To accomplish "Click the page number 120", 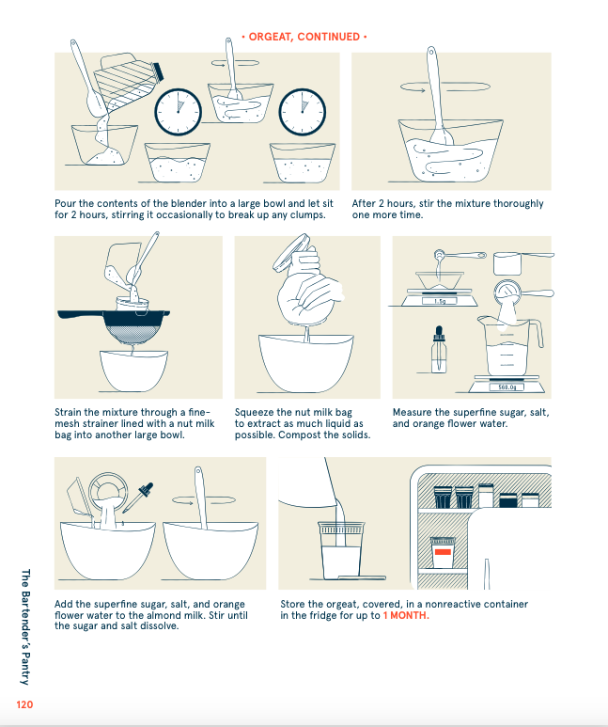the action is tap(24, 704).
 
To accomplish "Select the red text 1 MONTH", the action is tap(406, 615).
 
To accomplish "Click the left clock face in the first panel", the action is tap(178, 112).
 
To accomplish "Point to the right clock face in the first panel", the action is tap(303, 112).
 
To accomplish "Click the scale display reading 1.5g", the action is tap(439, 301).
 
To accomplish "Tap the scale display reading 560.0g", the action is tap(507, 387).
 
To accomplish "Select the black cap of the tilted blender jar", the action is tap(159, 71).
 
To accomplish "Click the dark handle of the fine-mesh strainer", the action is tap(81, 315).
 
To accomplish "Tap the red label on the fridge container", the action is tap(443, 552).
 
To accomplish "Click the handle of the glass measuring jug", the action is tap(536, 333).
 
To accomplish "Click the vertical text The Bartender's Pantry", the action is tap(25, 627).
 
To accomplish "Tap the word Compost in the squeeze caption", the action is tap(299, 435).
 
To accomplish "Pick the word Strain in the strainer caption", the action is tap(68, 412).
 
